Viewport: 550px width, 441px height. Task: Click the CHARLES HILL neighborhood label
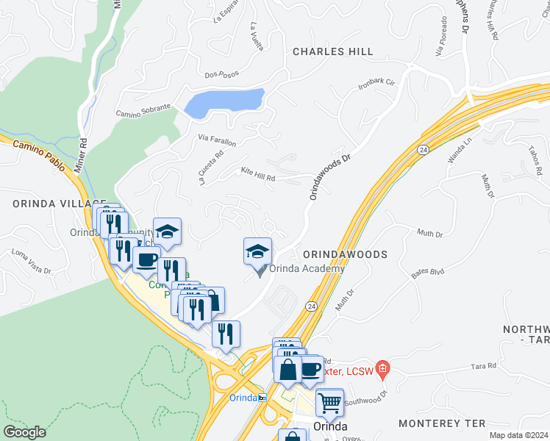click(332, 51)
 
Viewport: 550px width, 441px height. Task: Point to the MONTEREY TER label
click(441, 423)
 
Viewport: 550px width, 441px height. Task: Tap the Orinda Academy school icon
click(257, 252)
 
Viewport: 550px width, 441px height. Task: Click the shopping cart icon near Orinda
click(329, 401)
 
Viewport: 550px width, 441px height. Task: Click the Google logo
click(24, 432)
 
